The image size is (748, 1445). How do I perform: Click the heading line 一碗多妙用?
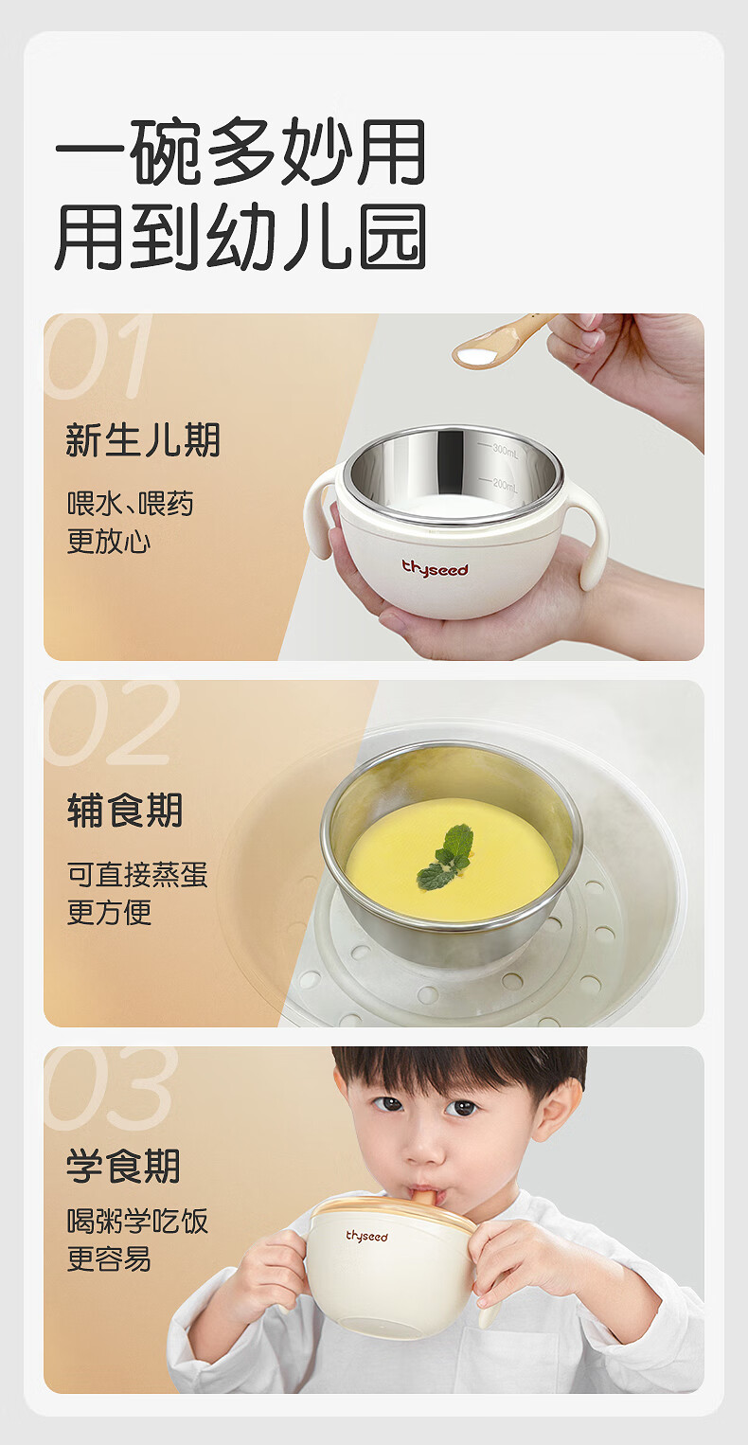pos(240,152)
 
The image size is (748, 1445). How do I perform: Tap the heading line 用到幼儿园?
pos(240,236)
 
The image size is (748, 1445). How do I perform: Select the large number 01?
pos(99,356)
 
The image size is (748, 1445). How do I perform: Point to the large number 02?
pos(111,723)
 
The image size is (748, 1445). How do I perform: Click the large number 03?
pos(111,1089)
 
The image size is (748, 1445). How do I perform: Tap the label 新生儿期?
pos(143,440)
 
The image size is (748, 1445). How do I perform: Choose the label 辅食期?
pos(124,810)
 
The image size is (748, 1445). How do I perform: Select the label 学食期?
pos(123,1167)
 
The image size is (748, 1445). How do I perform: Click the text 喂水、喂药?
pos(131,504)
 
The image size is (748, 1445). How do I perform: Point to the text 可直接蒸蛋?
pos(137,875)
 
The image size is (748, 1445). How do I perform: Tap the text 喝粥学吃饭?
pos(137,1222)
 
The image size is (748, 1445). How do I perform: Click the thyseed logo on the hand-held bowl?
pos(435,568)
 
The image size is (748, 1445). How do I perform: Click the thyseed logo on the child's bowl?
pos(367,1237)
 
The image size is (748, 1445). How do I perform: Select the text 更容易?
pos(109,1258)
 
